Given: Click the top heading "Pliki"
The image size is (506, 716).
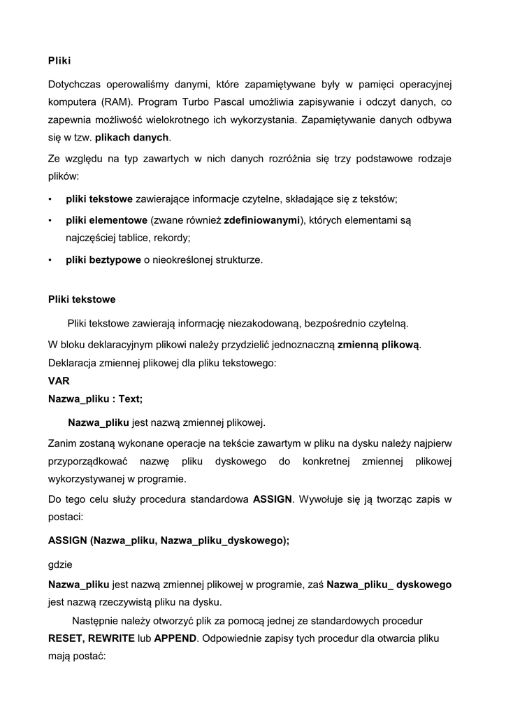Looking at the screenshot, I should click(x=59, y=61).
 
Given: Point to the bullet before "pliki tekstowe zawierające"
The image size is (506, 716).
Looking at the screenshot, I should click(x=50, y=199).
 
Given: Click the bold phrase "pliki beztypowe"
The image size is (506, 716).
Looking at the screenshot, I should click(x=103, y=260).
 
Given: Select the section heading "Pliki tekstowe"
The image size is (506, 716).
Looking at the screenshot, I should click(x=82, y=299).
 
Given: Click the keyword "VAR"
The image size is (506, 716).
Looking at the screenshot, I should click(x=59, y=381).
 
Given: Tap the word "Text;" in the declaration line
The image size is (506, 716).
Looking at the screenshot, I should click(x=131, y=399).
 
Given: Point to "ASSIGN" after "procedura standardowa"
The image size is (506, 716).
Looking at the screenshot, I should click(x=272, y=500).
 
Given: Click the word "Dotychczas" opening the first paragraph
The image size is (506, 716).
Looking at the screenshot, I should click(x=75, y=85).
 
